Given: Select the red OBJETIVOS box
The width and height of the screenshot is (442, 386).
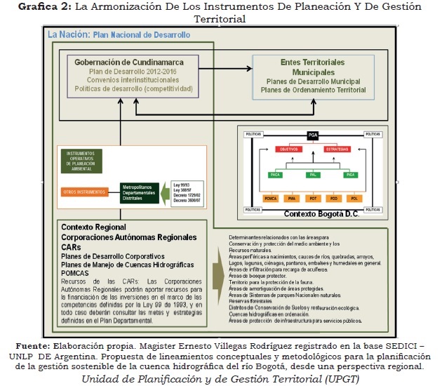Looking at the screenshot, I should (x=286, y=149).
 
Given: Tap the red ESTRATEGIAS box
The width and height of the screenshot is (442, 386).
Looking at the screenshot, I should (x=337, y=149).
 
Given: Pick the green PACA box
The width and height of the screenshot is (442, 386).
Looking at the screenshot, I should (x=276, y=173).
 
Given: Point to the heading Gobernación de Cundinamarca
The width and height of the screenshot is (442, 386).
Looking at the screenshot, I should (x=125, y=62).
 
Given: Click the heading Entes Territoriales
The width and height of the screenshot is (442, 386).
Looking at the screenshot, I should (x=304, y=62).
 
